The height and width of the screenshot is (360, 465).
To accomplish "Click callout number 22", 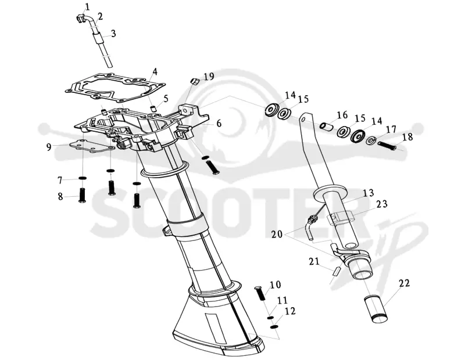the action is tap(404, 283).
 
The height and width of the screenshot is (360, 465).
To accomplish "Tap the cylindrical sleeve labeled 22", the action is tap(376, 309).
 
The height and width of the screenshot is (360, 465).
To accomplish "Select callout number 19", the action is tap(209, 77).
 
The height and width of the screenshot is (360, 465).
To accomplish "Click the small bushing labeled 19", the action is tap(194, 81).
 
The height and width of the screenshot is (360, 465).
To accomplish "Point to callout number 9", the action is tap(49, 147).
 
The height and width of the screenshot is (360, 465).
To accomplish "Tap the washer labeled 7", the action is tap(83, 178).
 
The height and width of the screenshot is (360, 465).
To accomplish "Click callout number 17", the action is tap(391, 130).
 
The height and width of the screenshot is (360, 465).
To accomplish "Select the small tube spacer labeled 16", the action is tap(326, 127).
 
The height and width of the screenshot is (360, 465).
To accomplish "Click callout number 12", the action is tap(289, 312).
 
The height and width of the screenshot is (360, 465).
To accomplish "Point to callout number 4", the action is tap(155, 72).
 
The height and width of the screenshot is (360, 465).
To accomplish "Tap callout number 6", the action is tap(219, 123).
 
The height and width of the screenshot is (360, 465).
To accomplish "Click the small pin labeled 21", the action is tap(337, 271).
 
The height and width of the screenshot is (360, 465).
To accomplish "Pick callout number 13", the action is tap(369, 193).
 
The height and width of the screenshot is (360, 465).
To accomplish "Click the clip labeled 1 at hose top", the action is tap(80, 19).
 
